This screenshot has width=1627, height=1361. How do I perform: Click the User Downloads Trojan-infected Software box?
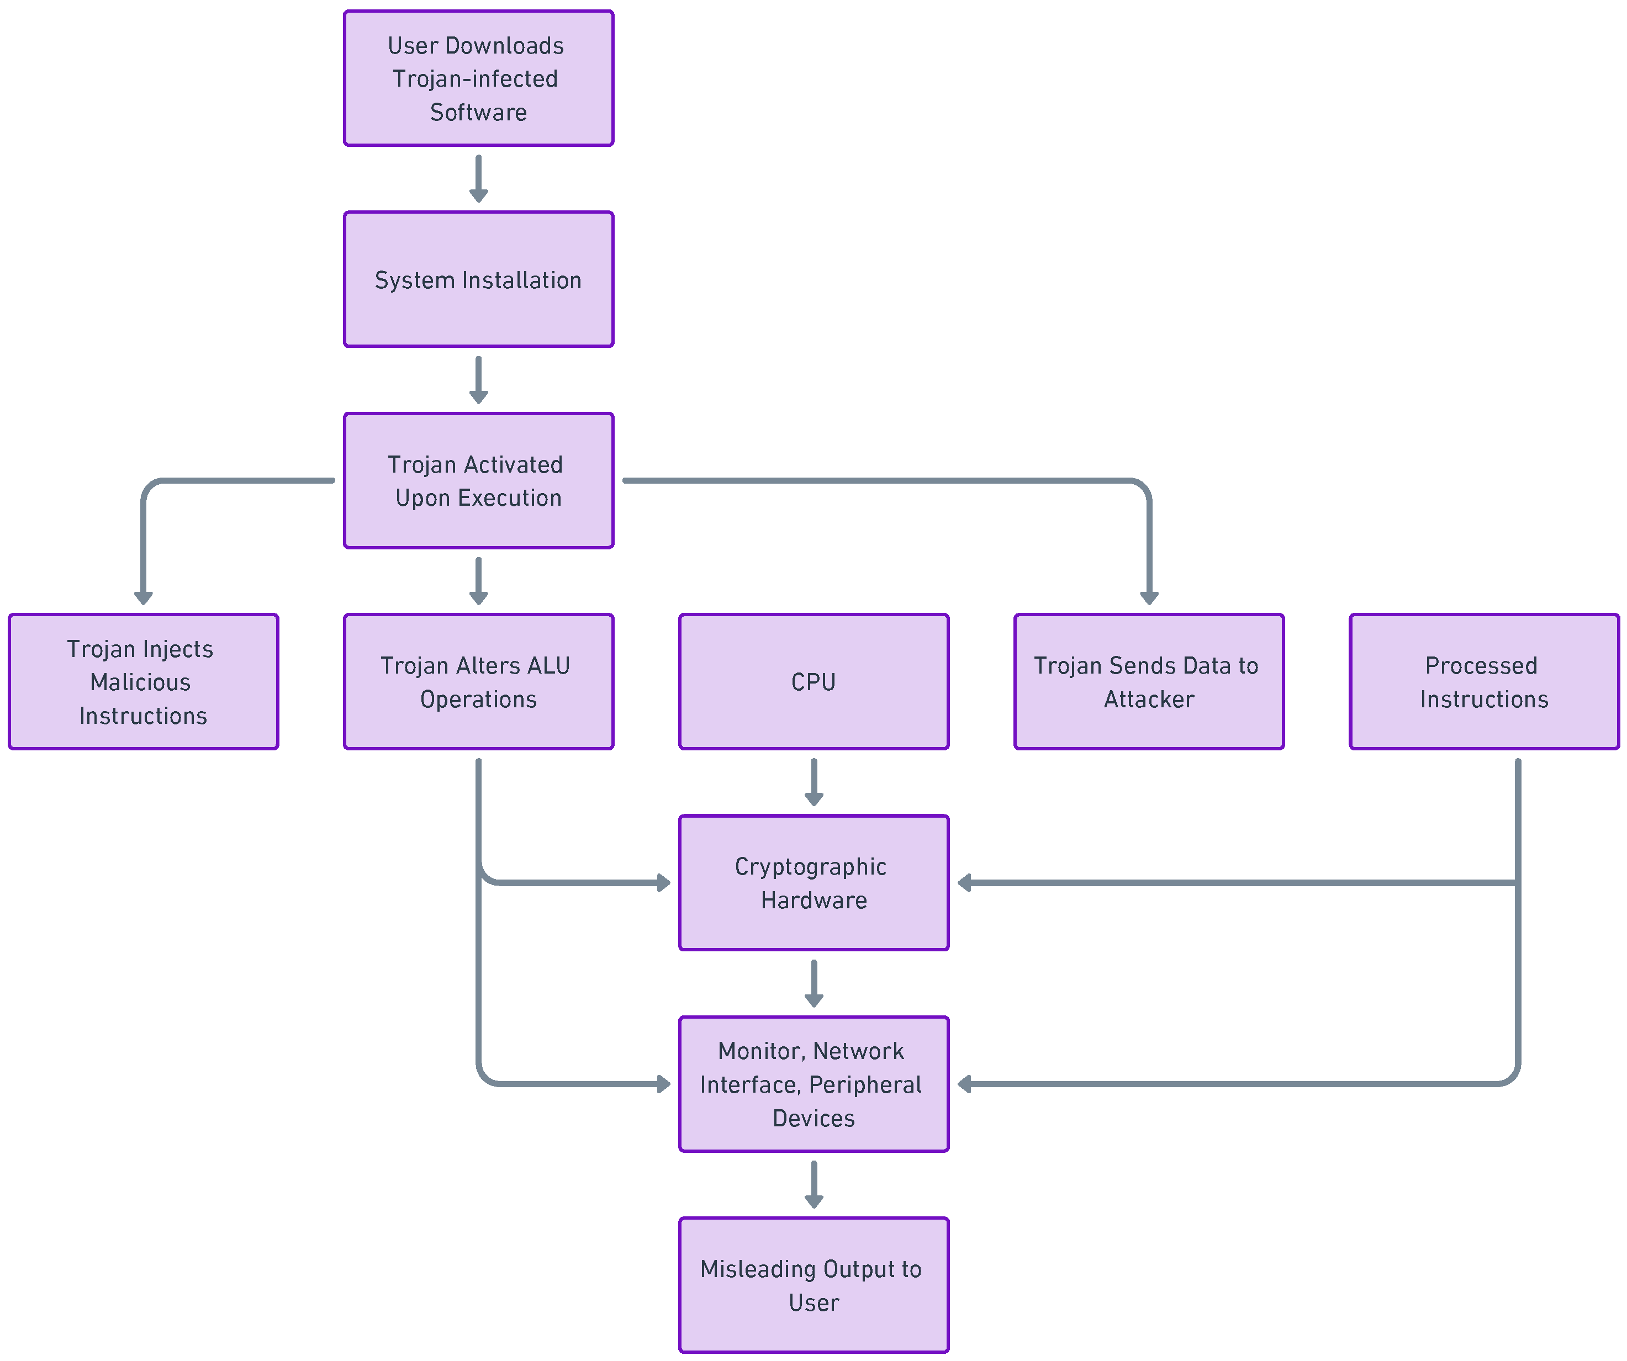478,78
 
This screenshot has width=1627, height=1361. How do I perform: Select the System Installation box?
478,279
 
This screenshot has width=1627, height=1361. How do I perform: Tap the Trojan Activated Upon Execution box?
478,480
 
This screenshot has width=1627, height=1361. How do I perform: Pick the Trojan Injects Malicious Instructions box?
144,682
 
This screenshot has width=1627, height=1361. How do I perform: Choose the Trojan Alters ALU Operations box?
478,682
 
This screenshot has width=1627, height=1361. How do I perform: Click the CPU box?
813,682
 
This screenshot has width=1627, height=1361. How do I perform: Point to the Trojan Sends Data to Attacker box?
1149,682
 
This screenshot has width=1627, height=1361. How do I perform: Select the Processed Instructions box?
1483,682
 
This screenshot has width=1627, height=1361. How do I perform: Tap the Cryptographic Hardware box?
813,882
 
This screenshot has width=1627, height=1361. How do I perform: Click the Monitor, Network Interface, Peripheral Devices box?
813,1084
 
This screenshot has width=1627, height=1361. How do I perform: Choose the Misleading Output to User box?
813,1285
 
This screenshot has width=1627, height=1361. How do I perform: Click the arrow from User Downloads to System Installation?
478,179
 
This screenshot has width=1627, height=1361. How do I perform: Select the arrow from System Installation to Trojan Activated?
478,380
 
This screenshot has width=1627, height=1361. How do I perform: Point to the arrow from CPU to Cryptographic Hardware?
813,782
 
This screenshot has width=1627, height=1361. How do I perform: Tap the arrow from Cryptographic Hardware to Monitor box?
813,984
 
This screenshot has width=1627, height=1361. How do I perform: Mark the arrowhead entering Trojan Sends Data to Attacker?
1149,597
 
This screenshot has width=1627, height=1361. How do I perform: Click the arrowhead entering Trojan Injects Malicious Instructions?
144,597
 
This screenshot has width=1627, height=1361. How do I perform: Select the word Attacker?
1149,700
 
